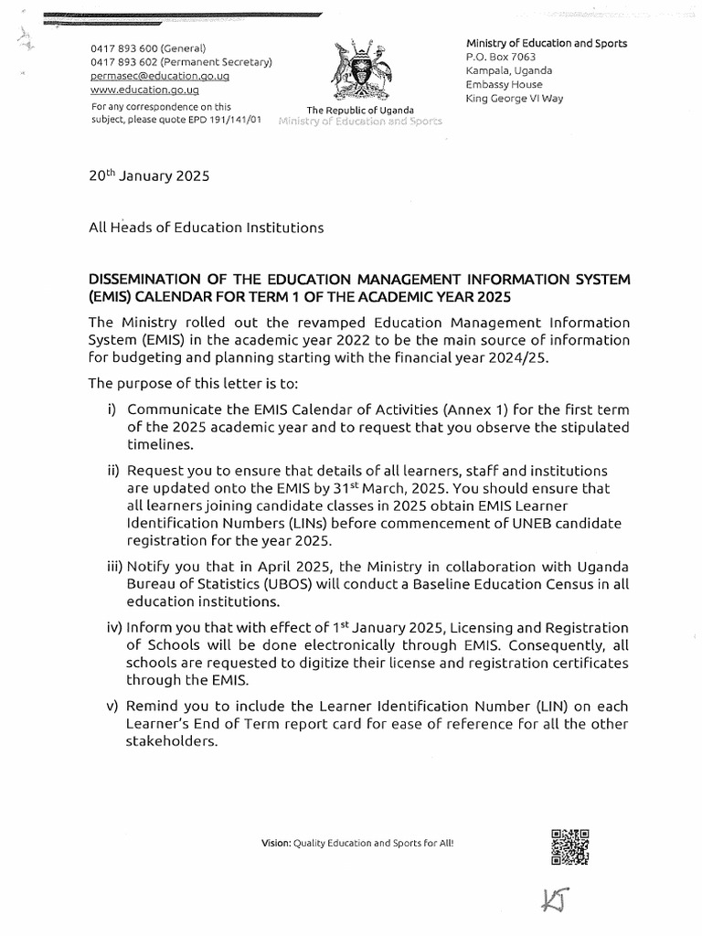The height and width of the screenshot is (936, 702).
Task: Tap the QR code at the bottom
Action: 569,846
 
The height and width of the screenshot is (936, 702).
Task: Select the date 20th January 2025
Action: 149,176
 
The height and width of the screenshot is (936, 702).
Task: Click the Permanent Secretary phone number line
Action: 180,62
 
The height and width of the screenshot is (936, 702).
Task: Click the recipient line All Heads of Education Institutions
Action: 206,228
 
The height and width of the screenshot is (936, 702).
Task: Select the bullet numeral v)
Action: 114,707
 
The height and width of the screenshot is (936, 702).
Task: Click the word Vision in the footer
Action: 275,843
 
